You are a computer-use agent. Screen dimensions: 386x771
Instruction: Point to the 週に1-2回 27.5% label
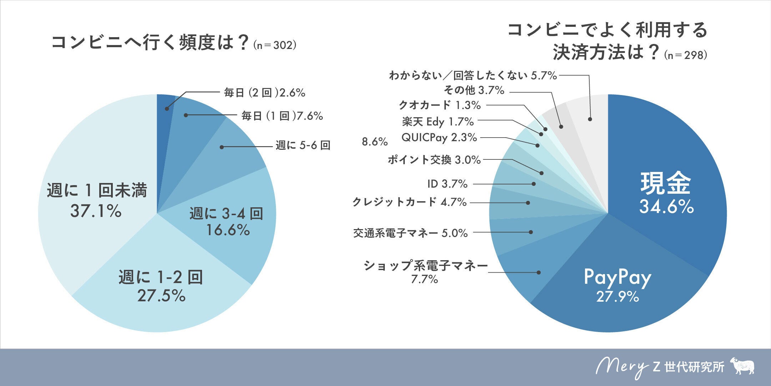click(161, 286)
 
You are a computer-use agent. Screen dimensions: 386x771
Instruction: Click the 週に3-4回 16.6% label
click(227, 222)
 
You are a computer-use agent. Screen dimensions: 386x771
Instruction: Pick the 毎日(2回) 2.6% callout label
click(264, 93)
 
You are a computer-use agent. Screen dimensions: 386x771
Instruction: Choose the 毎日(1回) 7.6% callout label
click(282, 116)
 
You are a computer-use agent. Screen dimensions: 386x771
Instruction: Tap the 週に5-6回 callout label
click(303, 145)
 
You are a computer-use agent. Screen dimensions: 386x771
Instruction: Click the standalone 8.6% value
click(374, 142)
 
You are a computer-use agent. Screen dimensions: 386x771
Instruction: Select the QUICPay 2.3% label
click(439, 138)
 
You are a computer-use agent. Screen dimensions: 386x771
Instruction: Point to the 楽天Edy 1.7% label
click(438, 122)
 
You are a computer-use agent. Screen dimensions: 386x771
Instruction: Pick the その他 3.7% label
click(474, 90)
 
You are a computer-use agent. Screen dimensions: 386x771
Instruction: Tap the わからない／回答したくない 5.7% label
click(473, 75)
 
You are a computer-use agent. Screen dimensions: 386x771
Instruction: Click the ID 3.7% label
click(447, 184)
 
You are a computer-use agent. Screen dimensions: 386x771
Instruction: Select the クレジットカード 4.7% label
click(409, 202)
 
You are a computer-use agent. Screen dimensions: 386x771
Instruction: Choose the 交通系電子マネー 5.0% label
click(410, 233)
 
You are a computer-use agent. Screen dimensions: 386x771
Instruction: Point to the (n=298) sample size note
click(686, 55)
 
